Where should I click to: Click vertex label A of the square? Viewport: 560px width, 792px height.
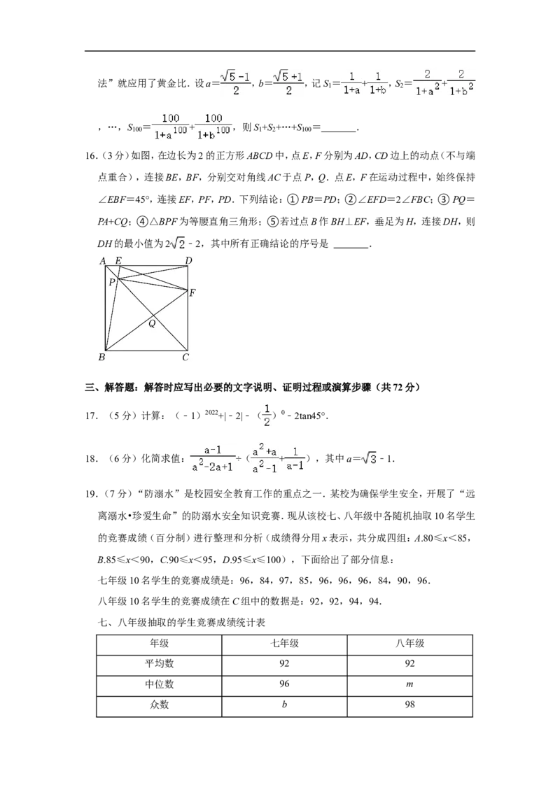(x=103, y=261)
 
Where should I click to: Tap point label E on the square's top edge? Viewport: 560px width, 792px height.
(x=118, y=261)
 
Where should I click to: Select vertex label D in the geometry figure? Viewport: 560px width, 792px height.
(x=188, y=261)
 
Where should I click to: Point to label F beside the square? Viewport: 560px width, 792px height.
(x=192, y=293)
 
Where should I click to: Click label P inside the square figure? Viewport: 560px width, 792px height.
(x=112, y=283)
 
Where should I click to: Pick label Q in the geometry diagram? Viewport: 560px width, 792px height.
(x=152, y=323)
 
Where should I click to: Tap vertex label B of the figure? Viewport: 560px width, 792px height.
(x=101, y=358)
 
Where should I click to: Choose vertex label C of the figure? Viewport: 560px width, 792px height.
(x=185, y=358)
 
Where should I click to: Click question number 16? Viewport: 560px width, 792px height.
(x=90, y=156)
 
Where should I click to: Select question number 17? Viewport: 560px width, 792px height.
(x=90, y=416)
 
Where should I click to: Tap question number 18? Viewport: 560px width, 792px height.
(x=90, y=459)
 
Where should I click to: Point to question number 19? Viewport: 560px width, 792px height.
(x=90, y=494)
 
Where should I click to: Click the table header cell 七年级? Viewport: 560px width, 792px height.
(x=284, y=643)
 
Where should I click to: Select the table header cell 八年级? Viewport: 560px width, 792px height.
(x=410, y=643)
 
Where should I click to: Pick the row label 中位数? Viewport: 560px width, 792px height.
(x=159, y=684)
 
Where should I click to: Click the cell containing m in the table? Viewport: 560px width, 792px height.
(x=410, y=684)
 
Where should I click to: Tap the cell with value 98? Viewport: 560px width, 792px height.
(x=410, y=705)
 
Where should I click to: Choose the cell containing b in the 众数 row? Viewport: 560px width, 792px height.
(x=284, y=705)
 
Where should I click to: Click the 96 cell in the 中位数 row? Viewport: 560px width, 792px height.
(x=284, y=684)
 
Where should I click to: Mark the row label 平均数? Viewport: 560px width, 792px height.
(x=159, y=663)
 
